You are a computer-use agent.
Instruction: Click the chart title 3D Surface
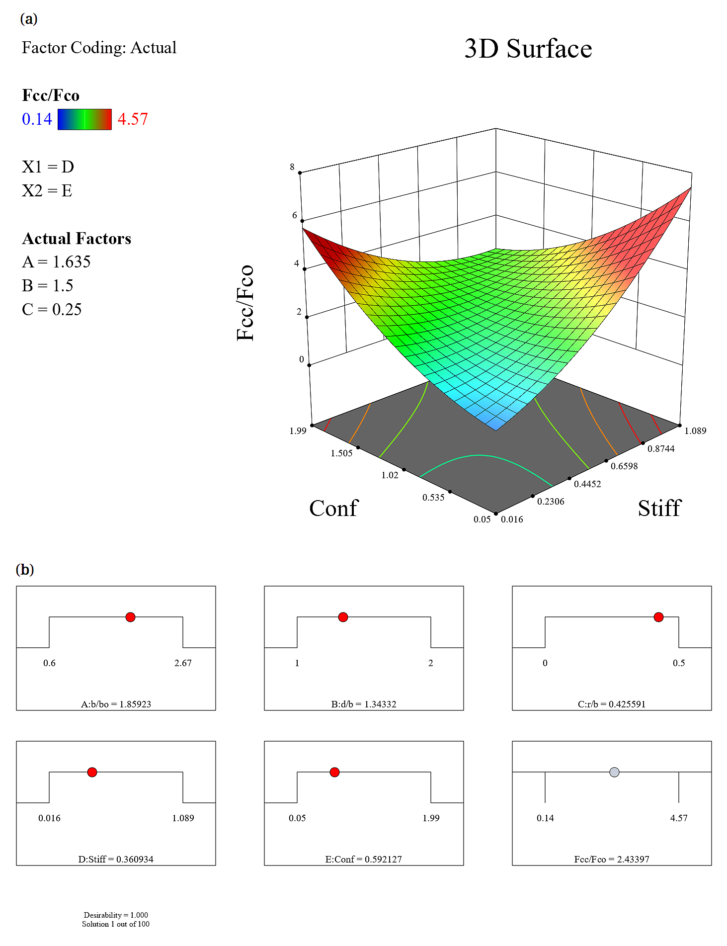[x=528, y=49]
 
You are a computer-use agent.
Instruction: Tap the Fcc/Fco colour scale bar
[x=84, y=119]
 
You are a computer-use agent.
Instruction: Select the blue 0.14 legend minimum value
[x=37, y=119]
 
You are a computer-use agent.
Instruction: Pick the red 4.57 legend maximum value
[x=133, y=119]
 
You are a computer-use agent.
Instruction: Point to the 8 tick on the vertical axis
[x=292, y=167]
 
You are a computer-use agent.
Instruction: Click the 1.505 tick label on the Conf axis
[x=341, y=453]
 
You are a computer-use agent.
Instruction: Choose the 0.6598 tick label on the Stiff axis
[x=624, y=466]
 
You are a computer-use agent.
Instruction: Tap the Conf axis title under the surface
[x=333, y=508]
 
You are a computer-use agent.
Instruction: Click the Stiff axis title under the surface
[x=659, y=508]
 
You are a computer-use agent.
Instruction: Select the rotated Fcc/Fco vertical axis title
[x=245, y=303]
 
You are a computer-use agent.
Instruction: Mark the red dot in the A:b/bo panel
[x=130, y=617]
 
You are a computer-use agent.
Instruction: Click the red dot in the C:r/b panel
[x=658, y=617]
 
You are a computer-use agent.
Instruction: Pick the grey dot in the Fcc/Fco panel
[x=614, y=772]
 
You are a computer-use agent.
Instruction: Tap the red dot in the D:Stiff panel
[x=92, y=772]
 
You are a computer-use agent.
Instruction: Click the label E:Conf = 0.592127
[x=363, y=859]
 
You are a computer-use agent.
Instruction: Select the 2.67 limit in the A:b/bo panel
[x=183, y=663]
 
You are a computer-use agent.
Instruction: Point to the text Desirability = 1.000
[x=116, y=915]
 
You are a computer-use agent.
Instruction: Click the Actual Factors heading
[x=77, y=239]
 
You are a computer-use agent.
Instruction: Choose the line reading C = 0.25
[x=52, y=309]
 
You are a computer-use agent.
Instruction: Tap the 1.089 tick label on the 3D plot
[x=695, y=430]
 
